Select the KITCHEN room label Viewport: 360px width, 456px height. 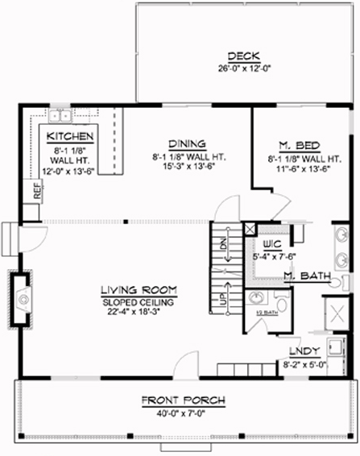tap(72, 137)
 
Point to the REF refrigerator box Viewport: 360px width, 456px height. tap(36, 191)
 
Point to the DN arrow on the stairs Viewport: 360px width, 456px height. tap(225, 243)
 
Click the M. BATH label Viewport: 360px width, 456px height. tap(308, 276)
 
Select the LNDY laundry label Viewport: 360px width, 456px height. tap(303, 351)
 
